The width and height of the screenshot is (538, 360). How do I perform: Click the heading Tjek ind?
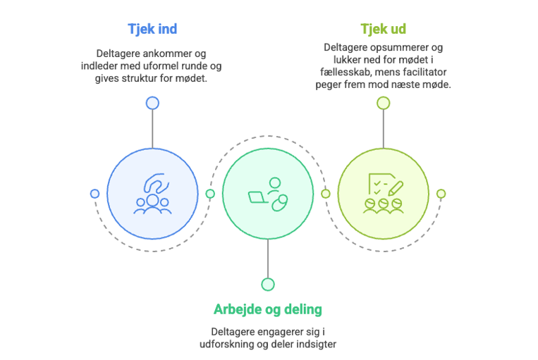pyautogui.click(x=152, y=30)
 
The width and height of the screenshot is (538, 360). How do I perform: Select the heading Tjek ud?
pyautogui.click(x=383, y=30)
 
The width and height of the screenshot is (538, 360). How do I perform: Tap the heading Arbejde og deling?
pyautogui.click(x=267, y=309)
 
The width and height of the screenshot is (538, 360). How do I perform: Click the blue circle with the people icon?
pyautogui.click(x=152, y=194)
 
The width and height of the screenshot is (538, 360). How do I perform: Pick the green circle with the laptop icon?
pyautogui.click(x=267, y=194)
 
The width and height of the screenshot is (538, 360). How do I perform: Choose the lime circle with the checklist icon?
pyautogui.click(x=383, y=194)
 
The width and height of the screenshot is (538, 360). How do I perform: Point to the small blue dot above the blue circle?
pyautogui.click(x=152, y=103)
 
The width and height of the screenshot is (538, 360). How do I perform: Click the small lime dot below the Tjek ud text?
pyautogui.click(x=383, y=103)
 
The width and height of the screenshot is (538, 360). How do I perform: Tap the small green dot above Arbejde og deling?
pyautogui.click(x=267, y=285)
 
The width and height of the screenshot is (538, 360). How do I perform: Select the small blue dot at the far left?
pyautogui.click(x=94, y=194)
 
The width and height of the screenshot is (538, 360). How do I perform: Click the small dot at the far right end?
pyautogui.click(x=441, y=194)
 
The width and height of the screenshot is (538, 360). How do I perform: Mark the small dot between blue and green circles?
pyautogui.click(x=210, y=194)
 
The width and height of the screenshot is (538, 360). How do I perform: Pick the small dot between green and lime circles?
pyautogui.click(x=325, y=194)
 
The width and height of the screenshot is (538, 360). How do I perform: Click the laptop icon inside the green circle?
pyautogui.click(x=256, y=197)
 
